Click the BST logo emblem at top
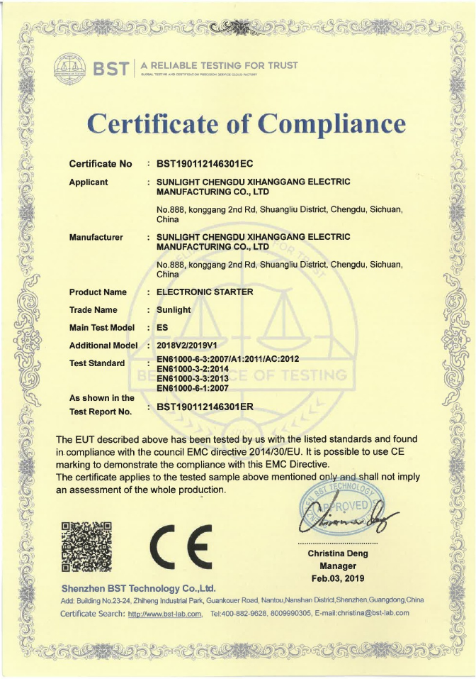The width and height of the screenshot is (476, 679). pos(71,68)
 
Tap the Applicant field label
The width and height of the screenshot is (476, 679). pos(89,182)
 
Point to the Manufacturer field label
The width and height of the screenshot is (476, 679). pos(96,237)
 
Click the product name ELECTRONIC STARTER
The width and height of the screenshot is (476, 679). pos(205,292)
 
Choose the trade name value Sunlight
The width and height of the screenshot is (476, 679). pos(174,310)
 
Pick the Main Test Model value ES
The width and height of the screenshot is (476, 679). pos(161,328)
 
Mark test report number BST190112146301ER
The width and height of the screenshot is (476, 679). pos(205,407)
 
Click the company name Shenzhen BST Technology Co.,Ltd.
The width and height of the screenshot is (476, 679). pos(138,589)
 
